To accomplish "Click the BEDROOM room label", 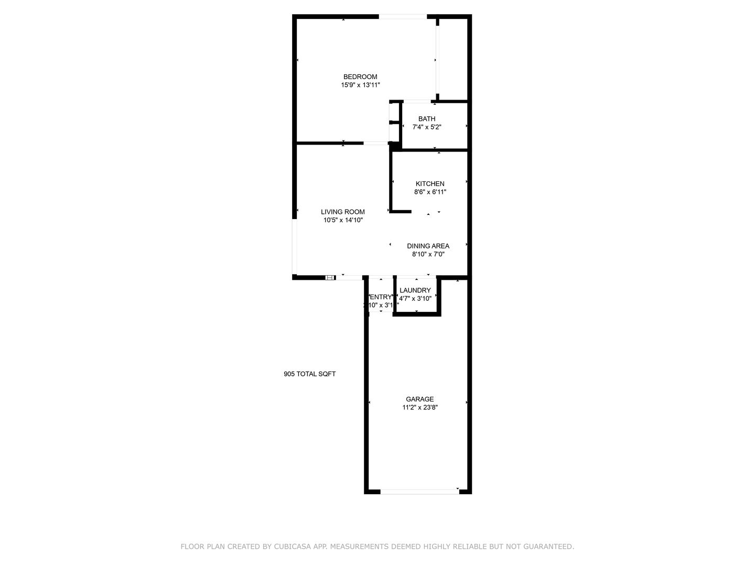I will pos(360,77).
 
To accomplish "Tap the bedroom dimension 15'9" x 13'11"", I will pos(360,85).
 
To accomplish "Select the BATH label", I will pos(427,119).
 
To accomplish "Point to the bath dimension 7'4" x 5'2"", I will pos(427,127).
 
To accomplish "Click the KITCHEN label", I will pos(430,184).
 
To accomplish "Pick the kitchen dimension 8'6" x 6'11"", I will pos(430,192).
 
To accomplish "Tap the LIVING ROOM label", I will pos(343,212).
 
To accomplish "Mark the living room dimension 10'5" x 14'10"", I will pos(343,221).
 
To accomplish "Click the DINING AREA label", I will pos(428,246).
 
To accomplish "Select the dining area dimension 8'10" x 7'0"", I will pos(428,254).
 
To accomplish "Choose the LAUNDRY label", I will pos(415,290).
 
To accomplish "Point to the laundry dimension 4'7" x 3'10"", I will pos(415,299).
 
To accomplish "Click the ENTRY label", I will pos(381,297).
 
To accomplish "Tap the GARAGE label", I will pos(420,399).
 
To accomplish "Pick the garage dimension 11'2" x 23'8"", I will pos(420,407).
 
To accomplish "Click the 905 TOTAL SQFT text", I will pos(310,374).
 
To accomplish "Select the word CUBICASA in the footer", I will pos(292,547).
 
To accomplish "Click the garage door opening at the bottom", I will pos(419,492).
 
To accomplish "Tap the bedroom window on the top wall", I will pos(403,17).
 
